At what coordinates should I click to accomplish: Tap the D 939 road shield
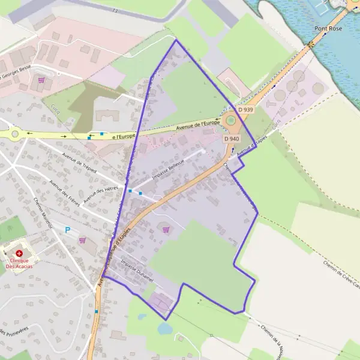coord(245,110)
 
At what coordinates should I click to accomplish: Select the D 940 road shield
coord(232,139)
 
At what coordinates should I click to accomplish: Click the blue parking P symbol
coord(68,229)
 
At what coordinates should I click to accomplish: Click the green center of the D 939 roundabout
coord(230,121)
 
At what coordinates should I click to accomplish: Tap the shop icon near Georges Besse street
coord(41,80)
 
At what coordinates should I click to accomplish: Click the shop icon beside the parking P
coord(82,240)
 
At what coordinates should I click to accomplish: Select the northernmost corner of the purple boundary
coord(175,40)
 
